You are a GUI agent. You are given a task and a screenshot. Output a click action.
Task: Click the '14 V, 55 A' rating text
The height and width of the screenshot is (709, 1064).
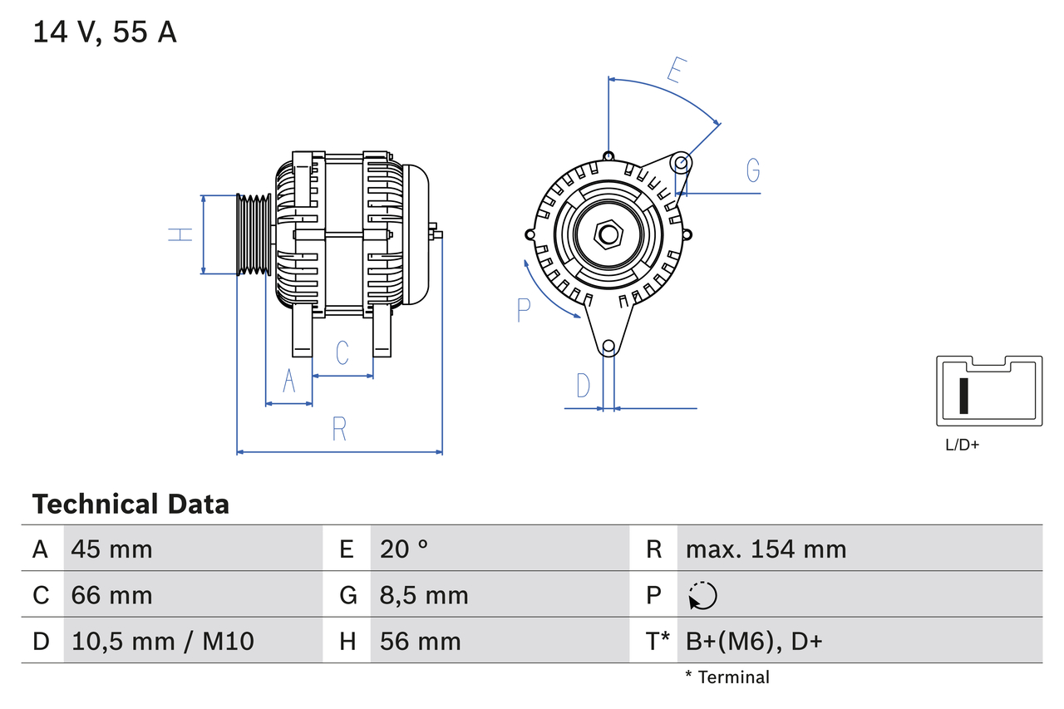tap(105, 32)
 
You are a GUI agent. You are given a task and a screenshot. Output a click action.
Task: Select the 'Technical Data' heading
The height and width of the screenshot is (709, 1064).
tap(131, 504)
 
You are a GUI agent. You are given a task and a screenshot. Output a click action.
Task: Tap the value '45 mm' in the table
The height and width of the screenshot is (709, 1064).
tap(112, 549)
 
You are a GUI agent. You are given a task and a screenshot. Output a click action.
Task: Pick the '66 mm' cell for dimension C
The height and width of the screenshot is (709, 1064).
tap(112, 595)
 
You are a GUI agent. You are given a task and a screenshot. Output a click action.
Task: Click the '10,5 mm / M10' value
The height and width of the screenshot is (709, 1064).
tap(163, 641)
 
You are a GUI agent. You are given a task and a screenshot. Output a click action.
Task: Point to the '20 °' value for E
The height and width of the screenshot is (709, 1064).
tap(404, 549)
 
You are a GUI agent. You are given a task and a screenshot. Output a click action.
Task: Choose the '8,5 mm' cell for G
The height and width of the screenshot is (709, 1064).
tap(424, 595)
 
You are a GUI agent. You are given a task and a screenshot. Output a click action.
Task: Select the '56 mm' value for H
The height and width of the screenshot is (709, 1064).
tap(420, 641)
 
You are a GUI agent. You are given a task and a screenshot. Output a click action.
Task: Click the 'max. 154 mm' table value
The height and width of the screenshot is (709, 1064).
tap(766, 549)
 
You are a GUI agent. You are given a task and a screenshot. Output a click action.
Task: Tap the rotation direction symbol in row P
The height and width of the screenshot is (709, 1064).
tap(702, 595)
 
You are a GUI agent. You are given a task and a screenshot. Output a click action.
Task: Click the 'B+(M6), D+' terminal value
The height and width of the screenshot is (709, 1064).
tap(753, 641)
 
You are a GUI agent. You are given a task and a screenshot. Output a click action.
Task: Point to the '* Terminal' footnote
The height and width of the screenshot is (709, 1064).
tap(727, 677)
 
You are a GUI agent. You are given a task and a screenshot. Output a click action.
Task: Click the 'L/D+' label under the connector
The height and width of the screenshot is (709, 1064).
tap(962, 445)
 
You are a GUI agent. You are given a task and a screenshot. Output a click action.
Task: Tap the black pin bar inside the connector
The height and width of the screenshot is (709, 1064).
tap(963, 396)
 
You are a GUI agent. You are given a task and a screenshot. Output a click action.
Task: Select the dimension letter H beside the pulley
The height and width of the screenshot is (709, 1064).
tap(180, 234)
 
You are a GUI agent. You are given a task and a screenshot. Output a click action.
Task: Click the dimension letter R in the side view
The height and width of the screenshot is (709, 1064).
tap(339, 429)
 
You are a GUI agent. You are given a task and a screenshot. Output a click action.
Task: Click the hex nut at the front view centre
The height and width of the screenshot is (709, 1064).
tap(608, 234)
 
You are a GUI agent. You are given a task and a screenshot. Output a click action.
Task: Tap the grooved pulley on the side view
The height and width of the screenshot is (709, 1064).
tap(254, 235)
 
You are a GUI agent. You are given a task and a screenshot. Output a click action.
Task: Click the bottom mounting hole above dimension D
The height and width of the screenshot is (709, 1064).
tap(608, 346)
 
